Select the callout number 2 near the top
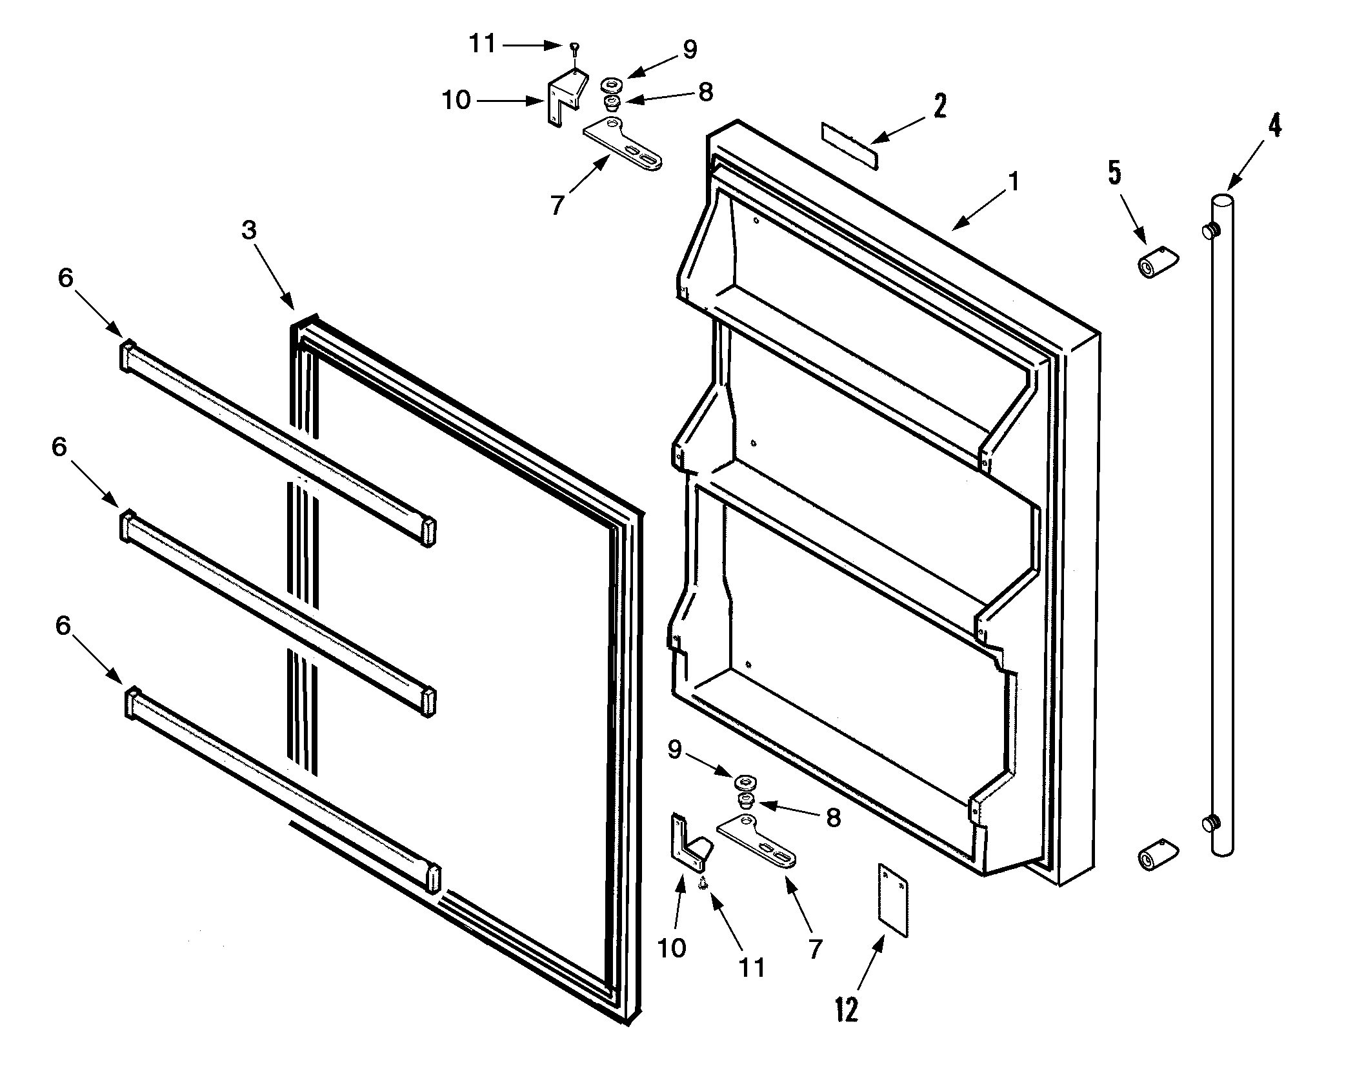(x=940, y=105)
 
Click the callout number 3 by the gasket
(x=249, y=230)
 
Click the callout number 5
(x=1115, y=173)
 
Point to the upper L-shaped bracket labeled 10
(x=567, y=97)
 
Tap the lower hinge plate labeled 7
(x=756, y=841)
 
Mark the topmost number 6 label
(x=65, y=278)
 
